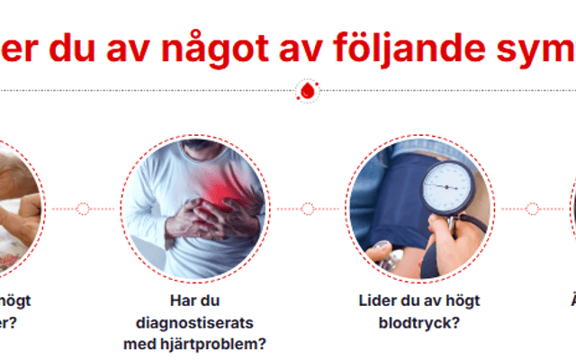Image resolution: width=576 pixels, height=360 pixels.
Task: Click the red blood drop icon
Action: [x=308, y=91]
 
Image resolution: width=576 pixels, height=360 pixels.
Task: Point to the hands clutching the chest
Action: [x=203, y=217]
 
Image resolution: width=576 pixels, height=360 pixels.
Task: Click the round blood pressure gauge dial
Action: [x=447, y=187]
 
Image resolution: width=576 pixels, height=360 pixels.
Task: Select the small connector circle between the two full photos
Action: [x=308, y=209]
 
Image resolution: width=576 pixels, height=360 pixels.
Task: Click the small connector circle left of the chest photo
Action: [x=83, y=209]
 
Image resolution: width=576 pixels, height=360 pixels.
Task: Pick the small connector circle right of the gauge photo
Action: [x=532, y=209]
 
